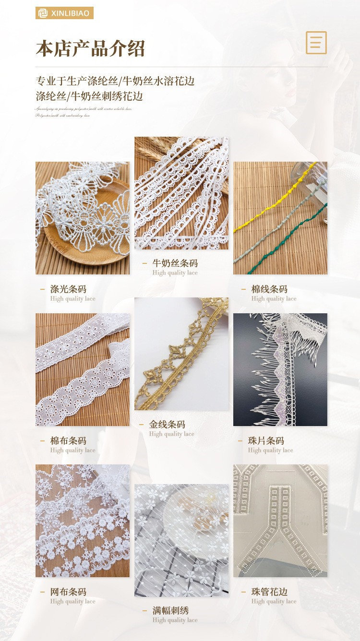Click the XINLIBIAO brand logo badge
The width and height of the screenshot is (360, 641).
(64, 13)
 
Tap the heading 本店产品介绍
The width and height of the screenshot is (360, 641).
(90, 49)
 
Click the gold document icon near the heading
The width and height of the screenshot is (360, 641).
(316, 43)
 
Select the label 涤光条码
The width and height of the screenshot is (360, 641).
(68, 289)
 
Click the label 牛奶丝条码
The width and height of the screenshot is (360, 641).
(175, 263)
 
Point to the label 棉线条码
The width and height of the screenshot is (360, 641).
(269, 289)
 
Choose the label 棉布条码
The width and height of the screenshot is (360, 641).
(68, 440)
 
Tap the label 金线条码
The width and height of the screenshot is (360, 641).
(167, 424)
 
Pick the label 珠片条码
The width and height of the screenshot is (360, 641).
(266, 440)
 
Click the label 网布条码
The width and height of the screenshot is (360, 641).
(68, 592)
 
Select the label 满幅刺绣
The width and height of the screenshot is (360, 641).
(170, 610)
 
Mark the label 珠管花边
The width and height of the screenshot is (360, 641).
(269, 592)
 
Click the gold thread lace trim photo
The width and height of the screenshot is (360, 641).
(181, 354)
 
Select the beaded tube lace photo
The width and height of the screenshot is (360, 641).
(280, 521)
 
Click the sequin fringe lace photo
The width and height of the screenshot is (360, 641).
(280, 369)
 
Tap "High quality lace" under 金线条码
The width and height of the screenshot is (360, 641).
(171, 434)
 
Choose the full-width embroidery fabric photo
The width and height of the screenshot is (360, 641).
(181, 540)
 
